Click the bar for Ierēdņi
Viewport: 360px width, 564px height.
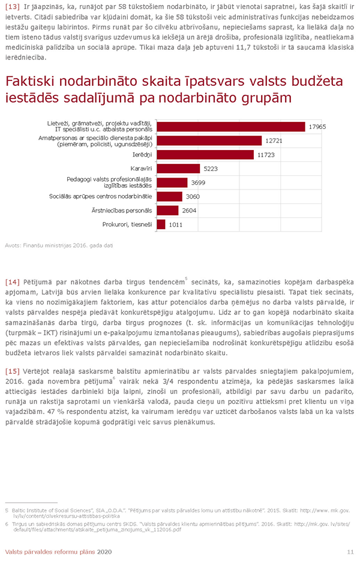205,155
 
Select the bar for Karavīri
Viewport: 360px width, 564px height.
178,169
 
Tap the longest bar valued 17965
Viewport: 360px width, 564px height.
231,127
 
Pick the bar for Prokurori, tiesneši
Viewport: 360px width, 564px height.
161,224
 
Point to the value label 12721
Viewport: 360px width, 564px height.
272,141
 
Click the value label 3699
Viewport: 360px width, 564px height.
199,182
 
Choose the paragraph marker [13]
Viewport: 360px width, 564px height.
11,5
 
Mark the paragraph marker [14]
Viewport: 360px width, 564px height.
11,281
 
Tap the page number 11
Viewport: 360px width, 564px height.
350,551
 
